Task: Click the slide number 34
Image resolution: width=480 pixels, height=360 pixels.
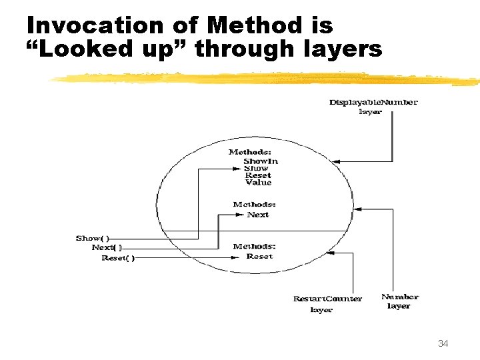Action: [443, 344]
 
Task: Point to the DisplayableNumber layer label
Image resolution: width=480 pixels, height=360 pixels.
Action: [373, 107]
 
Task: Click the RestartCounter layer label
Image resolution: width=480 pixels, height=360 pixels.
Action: [327, 304]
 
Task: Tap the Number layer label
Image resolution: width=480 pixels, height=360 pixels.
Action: [400, 301]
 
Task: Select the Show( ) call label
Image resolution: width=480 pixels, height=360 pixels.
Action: [93, 238]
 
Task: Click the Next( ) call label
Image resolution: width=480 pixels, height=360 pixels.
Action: [107, 248]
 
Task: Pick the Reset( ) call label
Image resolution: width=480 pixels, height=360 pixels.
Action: [117, 258]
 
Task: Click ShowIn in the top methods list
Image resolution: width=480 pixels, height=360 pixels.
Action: [261, 161]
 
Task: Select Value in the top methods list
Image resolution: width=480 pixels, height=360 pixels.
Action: [258, 183]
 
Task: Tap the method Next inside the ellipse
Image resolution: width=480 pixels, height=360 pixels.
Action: [258, 215]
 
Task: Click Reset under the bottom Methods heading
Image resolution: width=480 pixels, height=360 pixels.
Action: [259, 257]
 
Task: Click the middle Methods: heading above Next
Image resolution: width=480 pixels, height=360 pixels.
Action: [254, 205]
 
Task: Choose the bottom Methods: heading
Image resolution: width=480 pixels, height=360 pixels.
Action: [254, 247]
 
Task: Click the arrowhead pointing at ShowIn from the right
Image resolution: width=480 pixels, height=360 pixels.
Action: [337, 161]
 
